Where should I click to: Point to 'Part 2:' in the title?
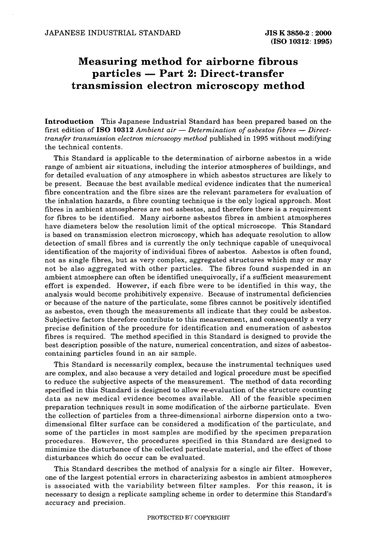(x=178, y=74)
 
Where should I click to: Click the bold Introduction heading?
(x=69, y=121)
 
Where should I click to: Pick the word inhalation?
(x=76, y=201)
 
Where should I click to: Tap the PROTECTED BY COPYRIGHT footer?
(x=188, y=518)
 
